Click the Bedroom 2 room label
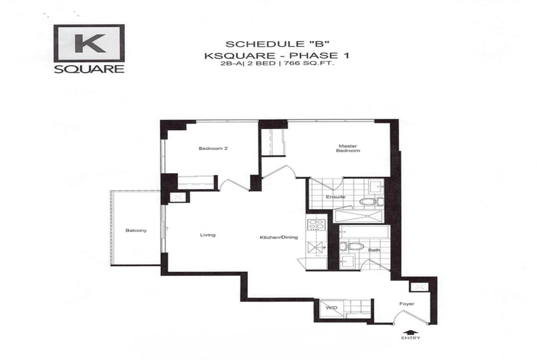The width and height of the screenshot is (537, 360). [213, 148]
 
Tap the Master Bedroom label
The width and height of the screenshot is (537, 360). [348, 148]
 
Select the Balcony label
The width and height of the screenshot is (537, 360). [136, 230]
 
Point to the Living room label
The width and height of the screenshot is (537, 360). [208, 235]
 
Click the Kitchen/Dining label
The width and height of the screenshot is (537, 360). [279, 237]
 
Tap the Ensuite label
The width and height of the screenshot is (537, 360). [336, 197]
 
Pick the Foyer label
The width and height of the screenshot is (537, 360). [407, 304]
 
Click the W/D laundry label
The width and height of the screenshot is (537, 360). [332, 308]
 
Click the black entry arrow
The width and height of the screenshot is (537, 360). [411, 332]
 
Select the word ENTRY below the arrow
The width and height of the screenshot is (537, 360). [411, 338]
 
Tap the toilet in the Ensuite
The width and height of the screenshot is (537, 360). [371, 202]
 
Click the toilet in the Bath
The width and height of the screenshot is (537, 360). [352, 246]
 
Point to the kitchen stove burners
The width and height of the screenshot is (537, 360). [316, 224]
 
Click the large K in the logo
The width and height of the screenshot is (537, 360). [90, 43]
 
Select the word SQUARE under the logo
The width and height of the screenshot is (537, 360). [89, 69]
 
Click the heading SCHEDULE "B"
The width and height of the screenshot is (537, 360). [277, 44]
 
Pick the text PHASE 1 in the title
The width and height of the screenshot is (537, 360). [319, 55]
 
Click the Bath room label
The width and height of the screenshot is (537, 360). [374, 250]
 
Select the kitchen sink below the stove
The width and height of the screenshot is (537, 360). [316, 247]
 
